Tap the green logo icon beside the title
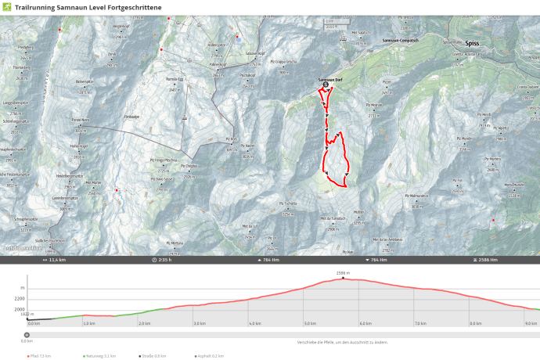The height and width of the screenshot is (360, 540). point(6,7)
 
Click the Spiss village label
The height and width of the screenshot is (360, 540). point(471,45)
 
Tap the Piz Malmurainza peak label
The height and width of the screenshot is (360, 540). point(419,195)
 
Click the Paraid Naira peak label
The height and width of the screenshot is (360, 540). point(82,120)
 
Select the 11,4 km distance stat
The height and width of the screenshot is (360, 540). point(56,259)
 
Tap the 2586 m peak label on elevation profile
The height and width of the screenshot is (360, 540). point(342,273)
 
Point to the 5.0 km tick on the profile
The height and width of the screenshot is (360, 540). point(310,322)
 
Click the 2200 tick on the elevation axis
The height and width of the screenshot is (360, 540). point(19,299)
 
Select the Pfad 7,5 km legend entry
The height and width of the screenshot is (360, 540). point(39,356)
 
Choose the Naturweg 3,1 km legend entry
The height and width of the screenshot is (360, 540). point(99,356)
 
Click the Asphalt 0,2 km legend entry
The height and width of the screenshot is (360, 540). point(207,356)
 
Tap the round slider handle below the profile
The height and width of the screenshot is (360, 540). point(27,334)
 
